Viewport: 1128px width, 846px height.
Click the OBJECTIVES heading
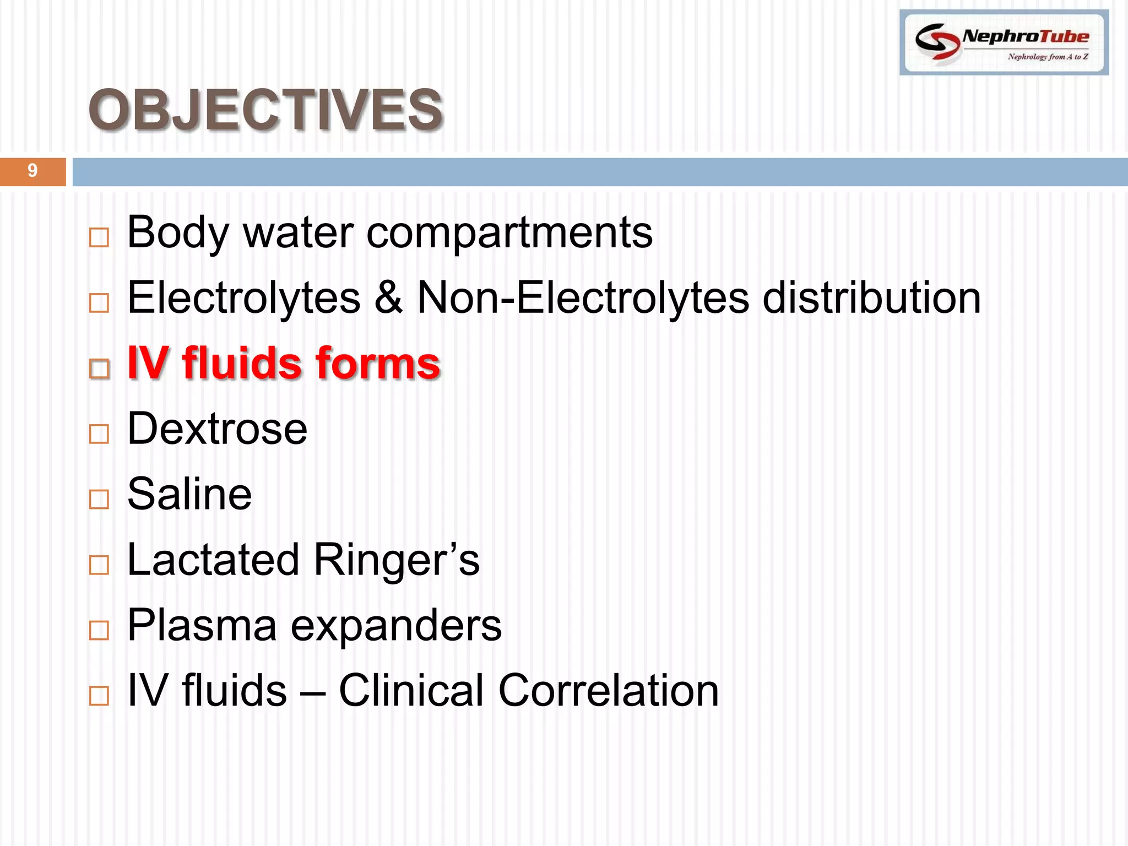(266, 110)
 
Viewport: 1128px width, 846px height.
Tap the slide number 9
(32, 171)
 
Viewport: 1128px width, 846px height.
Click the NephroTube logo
(1004, 43)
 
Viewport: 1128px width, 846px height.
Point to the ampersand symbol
(388, 297)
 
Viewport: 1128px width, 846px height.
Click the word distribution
(871, 297)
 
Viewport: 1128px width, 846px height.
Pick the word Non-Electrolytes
(583, 297)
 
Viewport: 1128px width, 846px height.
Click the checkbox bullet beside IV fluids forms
(99, 368)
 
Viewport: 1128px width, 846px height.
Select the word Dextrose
(217, 429)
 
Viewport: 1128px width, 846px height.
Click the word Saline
(189, 494)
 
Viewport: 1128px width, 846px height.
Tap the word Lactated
(214, 560)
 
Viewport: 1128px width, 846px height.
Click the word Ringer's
(397, 560)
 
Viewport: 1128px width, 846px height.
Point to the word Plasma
(202, 625)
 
